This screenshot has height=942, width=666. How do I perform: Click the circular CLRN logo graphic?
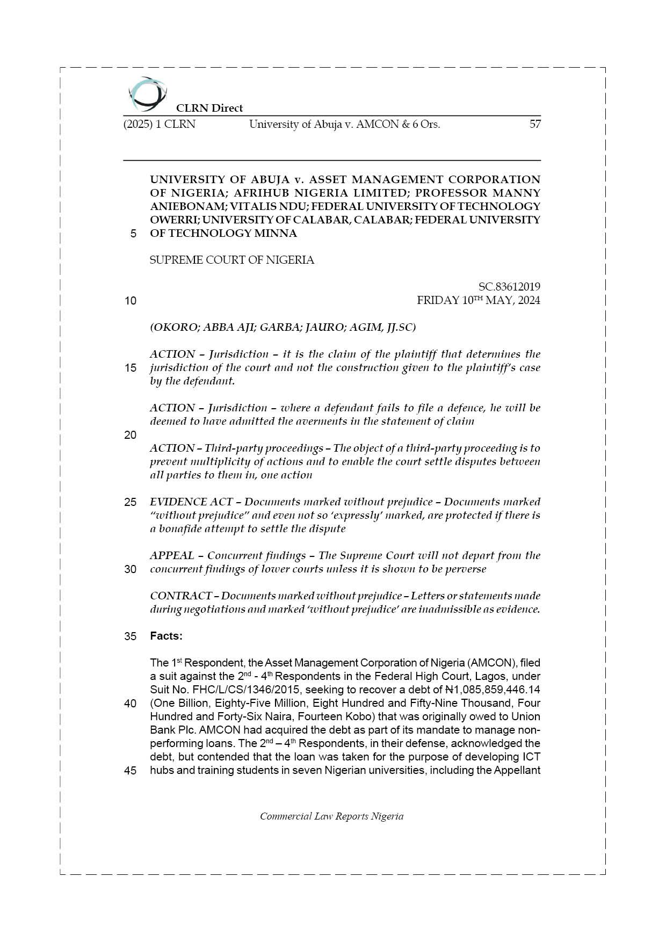coord(146,95)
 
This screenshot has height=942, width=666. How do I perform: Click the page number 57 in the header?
coord(534,124)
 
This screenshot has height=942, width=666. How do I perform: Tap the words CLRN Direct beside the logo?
coord(209,108)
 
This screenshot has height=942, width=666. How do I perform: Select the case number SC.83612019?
coord(509,287)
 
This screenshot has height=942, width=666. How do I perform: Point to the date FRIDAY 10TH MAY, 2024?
coord(478,300)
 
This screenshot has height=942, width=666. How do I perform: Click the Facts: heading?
coord(166,636)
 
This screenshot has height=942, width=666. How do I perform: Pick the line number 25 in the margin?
coord(131,502)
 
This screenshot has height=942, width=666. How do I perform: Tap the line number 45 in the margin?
coord(131,771)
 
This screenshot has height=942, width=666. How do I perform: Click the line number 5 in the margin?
coord(133,234)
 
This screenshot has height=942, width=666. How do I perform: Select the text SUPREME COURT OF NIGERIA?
coord(231,260)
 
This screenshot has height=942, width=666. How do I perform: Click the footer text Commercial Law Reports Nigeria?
coord(331,816)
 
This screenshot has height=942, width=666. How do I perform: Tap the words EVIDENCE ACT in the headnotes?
coord(191,502)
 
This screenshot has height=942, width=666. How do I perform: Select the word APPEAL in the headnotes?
coord(172,555)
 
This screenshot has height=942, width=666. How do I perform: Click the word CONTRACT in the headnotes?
coord(180,596)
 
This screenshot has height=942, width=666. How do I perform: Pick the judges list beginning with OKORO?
coord(283,327)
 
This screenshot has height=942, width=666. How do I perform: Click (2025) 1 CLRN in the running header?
coord(160,124)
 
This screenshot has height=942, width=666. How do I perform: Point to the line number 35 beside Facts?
coord(131,636)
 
